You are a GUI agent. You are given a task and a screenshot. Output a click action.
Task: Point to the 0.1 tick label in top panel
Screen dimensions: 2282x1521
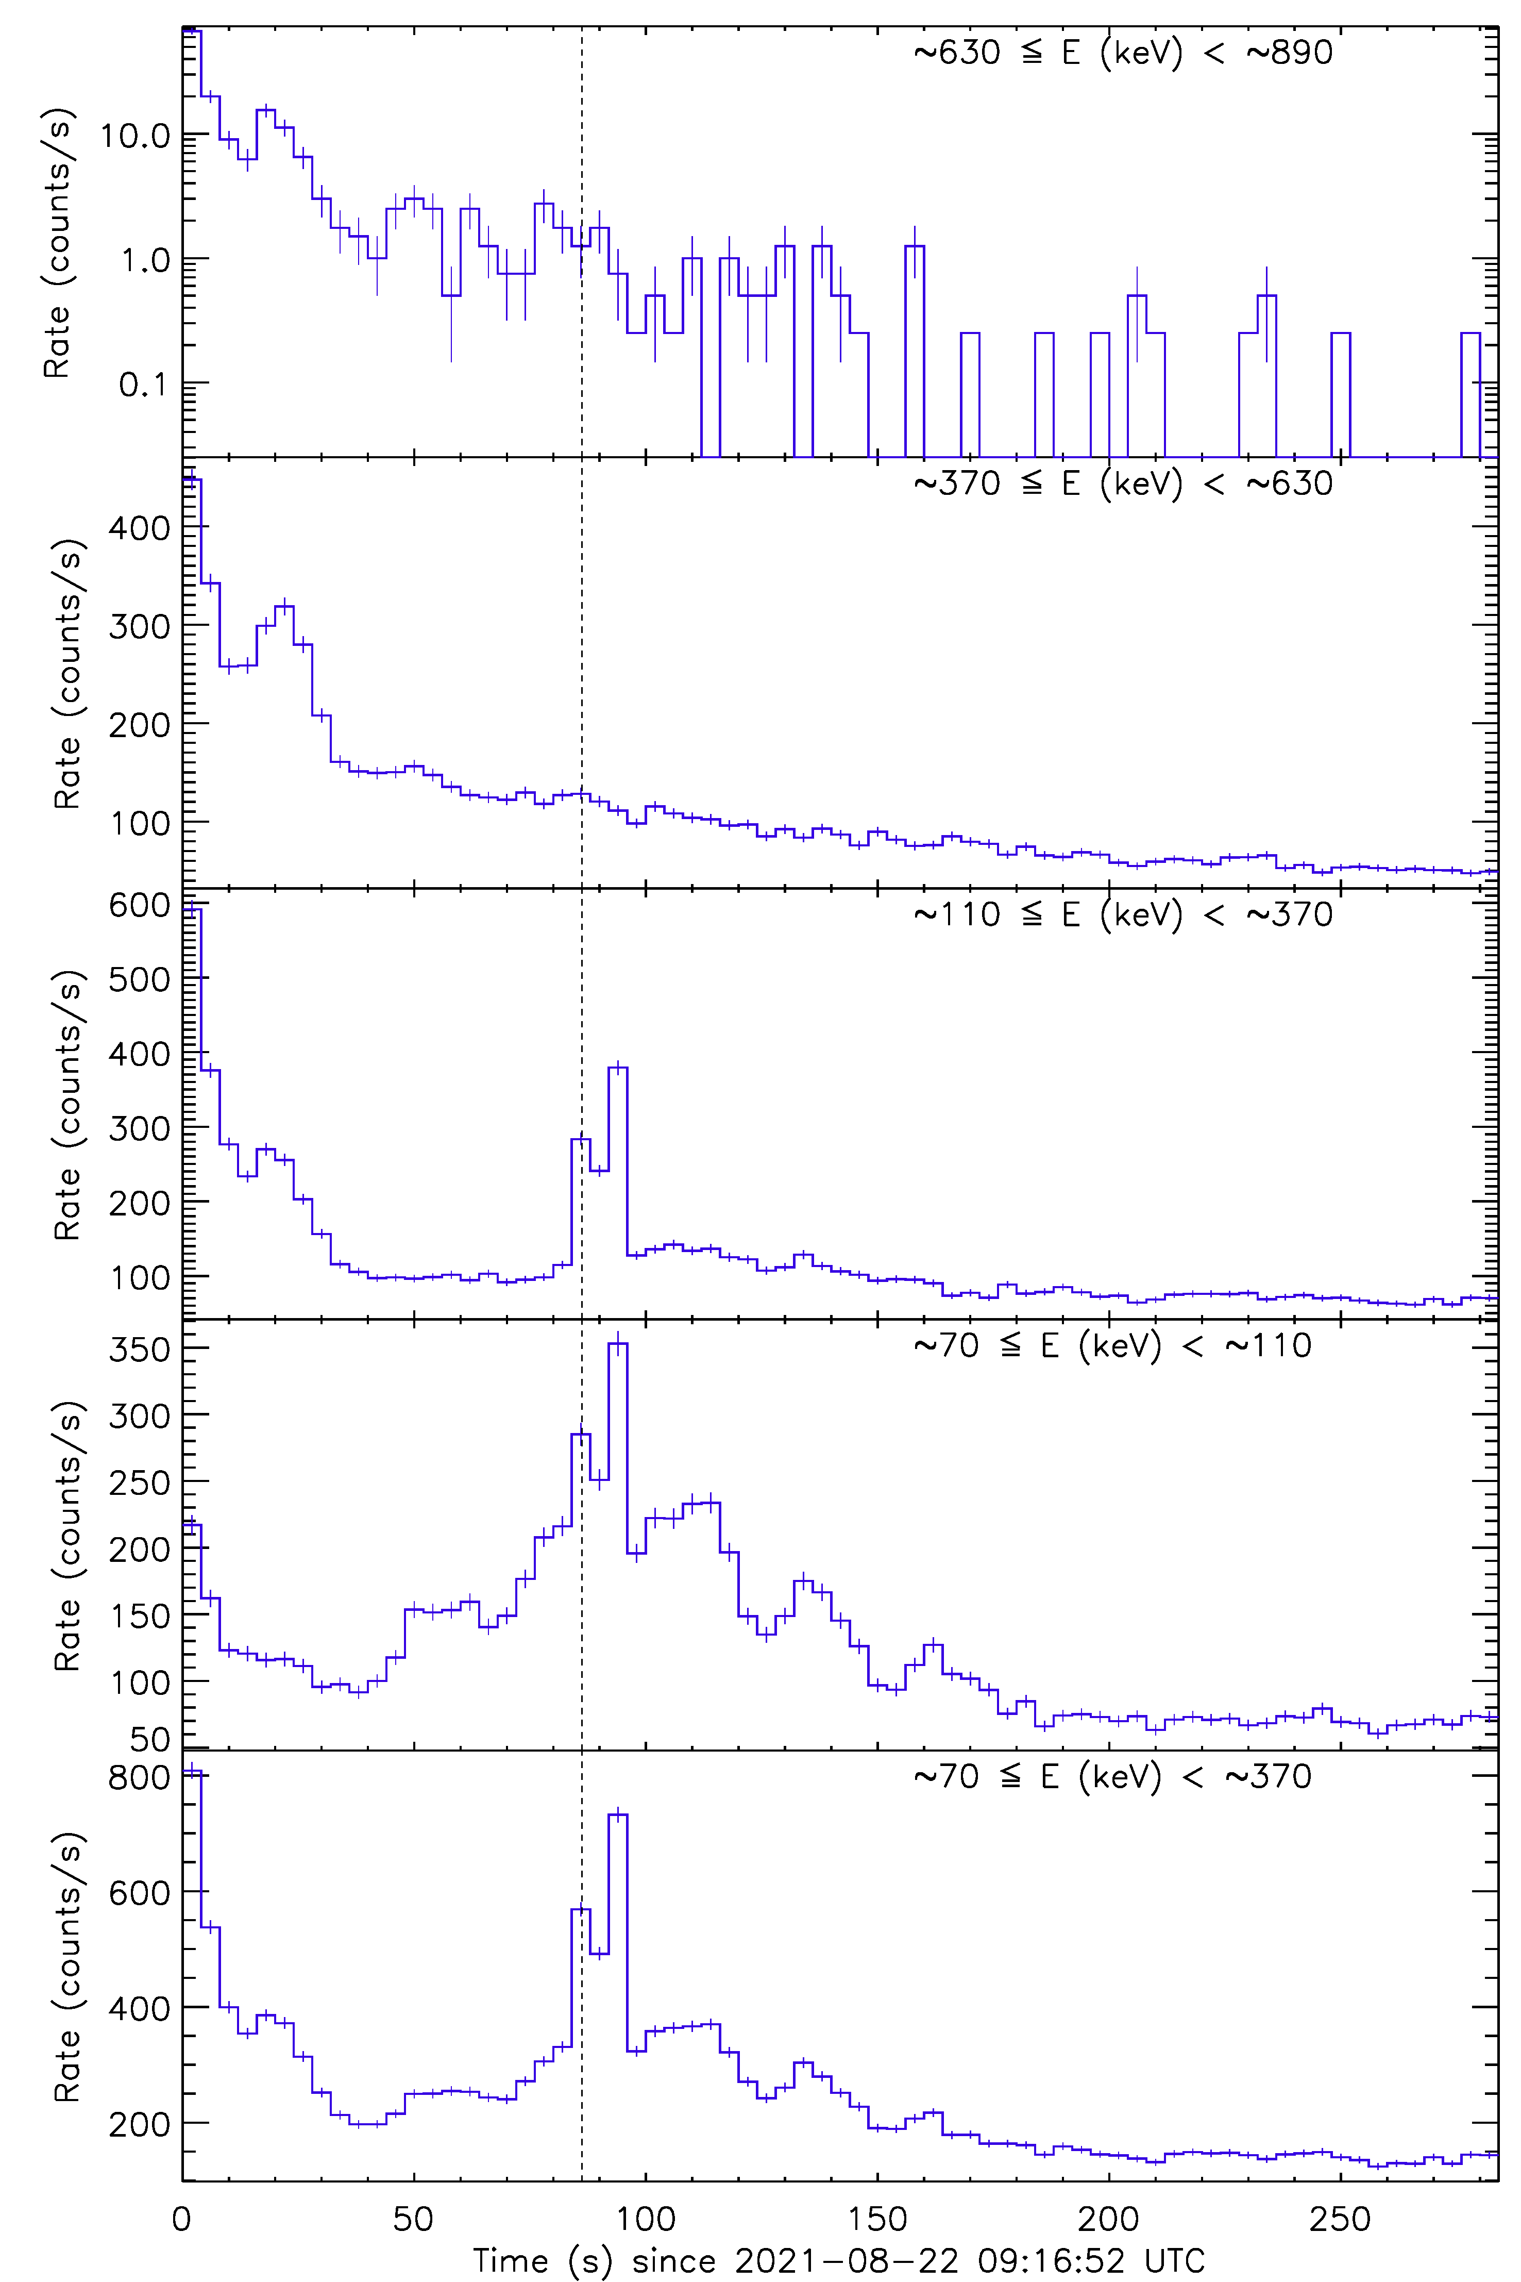click(x=145, y=385)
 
